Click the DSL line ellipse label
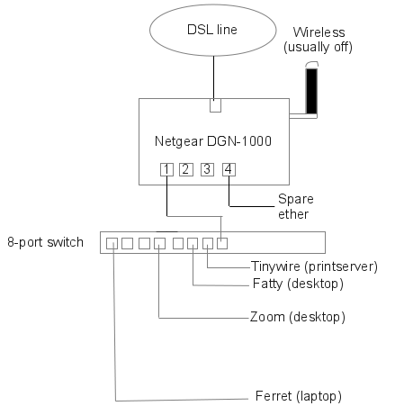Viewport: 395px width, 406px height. tap(212, 30)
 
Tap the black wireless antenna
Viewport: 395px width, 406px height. tap(311, 91)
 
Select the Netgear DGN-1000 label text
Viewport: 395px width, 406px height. tap(213, 141)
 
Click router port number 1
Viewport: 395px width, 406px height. tap(166, 169)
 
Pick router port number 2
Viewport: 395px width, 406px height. tap(186, 169)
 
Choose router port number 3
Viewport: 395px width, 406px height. tap(207, 169)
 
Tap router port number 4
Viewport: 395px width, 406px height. tap(229, 169)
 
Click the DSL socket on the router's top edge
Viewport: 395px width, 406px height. tap(215, 105)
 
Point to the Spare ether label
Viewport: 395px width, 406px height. tap(296, 206)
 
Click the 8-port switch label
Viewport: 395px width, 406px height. tap(45, 242)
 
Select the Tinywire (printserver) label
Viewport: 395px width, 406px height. tap(314, 266)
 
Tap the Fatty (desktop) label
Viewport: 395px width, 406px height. tap(298, 284)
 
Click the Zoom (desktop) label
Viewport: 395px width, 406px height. tap(298, 317)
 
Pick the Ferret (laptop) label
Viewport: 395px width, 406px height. tap(299, 396)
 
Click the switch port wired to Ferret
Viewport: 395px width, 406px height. tap(112, 243)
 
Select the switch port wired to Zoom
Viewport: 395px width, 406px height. tap(159, 243)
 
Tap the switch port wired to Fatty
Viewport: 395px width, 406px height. tap(193, 243)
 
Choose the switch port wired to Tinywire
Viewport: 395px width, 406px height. tap(208, 243)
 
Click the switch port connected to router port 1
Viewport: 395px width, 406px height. tap(222, 243)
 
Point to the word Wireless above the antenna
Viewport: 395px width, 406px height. tap(319, 32)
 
